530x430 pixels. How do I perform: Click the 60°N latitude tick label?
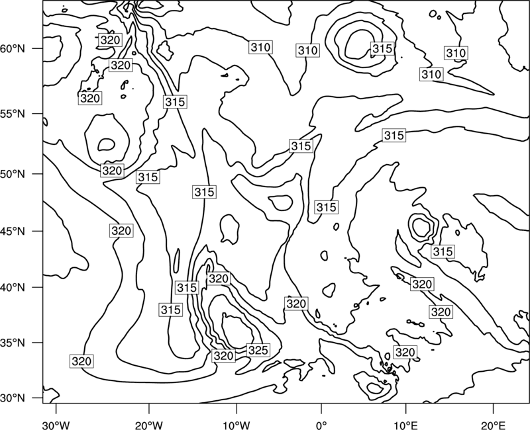point(13,49)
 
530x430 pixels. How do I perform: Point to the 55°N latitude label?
point(13,114)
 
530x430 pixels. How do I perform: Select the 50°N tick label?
point(13,174)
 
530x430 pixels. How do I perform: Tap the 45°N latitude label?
point(13,231)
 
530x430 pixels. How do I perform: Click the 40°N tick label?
point(13,288)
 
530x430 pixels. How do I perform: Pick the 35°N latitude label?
point(13,343)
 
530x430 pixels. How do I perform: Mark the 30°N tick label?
point(13,398)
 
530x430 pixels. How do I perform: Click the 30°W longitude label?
point(56,425)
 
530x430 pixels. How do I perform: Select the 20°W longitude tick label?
point(148,425)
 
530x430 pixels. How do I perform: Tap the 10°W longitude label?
point(237,425)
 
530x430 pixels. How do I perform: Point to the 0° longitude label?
point(321,425)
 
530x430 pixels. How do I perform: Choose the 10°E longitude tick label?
point(405,425)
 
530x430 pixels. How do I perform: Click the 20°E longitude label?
point(493,425)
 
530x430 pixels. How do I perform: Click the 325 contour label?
point(258,351)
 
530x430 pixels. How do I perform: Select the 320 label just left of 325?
point(223,356)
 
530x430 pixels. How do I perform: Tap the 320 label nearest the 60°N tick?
point(110,40)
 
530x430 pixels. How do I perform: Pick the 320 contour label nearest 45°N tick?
point(121,231)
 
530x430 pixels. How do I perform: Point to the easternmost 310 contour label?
point(456,53)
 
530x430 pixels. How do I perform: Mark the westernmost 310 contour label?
point(260,47)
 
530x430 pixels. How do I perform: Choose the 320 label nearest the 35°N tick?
point(81,361)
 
